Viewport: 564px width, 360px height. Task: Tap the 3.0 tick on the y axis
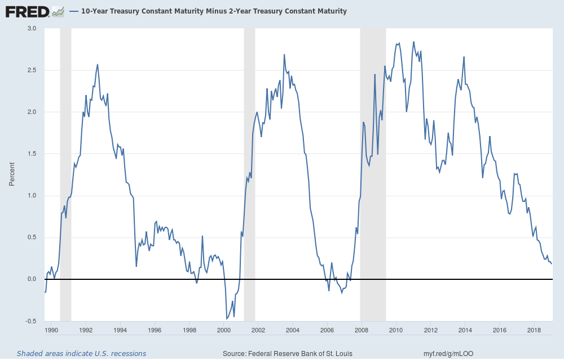[31, 28]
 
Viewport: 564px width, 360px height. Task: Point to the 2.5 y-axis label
[31, 70]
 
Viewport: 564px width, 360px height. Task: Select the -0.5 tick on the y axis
[30, 321]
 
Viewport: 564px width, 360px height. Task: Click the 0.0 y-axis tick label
[31, 279]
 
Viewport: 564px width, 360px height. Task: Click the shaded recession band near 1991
[65, 169]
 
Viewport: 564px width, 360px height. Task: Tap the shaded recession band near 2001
[249, 169]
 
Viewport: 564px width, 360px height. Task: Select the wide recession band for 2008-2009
[373, 169]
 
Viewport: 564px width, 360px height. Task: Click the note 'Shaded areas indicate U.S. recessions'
[81, 354]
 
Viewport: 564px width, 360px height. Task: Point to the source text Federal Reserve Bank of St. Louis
[288, 354]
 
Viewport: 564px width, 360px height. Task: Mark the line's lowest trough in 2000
[227, 319]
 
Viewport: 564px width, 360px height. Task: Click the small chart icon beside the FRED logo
[58, 11]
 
